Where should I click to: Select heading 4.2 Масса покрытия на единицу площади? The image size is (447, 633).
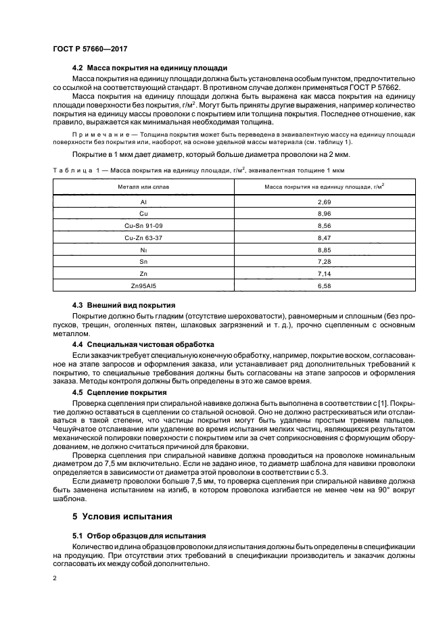[x=149, y=68]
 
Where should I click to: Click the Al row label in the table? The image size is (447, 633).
[x=143, y=202]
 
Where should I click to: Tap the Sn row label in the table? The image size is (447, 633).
[x=143, y=260]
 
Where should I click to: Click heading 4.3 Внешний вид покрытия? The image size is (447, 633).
[x=124, y=305]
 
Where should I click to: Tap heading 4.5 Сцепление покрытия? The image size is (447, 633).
[x=119, y=392]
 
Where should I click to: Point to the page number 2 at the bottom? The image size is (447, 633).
[x=55, y=578]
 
